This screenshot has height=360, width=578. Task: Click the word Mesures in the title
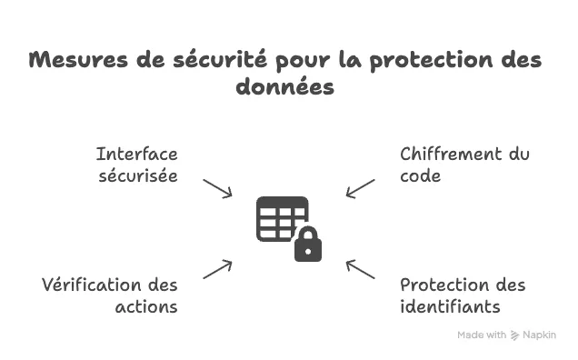78,60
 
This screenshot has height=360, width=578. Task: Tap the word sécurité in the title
220,59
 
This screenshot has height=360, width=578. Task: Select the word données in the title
285,86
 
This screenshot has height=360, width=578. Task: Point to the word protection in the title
431,61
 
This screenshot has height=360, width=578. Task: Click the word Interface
136,155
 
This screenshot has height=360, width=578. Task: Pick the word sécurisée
138,175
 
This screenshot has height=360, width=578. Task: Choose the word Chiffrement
451,155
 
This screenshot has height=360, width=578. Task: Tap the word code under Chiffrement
420,176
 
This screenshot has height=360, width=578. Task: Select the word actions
146,307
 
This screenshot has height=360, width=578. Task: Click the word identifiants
450,306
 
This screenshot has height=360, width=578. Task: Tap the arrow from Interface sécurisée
217,188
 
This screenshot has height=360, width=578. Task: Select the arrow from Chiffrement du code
360,188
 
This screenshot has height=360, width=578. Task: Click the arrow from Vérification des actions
217,269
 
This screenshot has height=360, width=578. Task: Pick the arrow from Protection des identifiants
360,269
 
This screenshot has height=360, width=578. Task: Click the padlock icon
308,245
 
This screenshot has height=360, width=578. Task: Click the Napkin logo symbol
514,335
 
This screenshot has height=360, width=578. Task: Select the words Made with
482,335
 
